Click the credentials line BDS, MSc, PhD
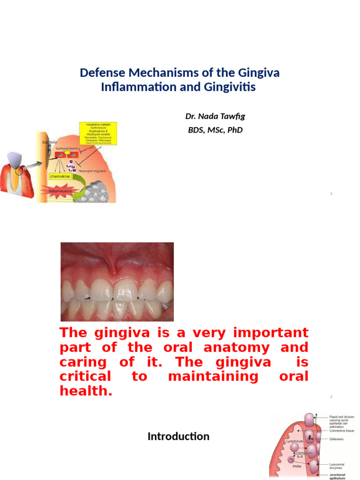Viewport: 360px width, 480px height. pos(215,130)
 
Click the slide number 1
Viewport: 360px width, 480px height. pos(331,194)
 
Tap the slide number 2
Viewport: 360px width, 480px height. pos(331,397)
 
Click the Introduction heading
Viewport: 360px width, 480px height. pos(178,437)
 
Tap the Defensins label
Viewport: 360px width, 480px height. pos(337,439)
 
